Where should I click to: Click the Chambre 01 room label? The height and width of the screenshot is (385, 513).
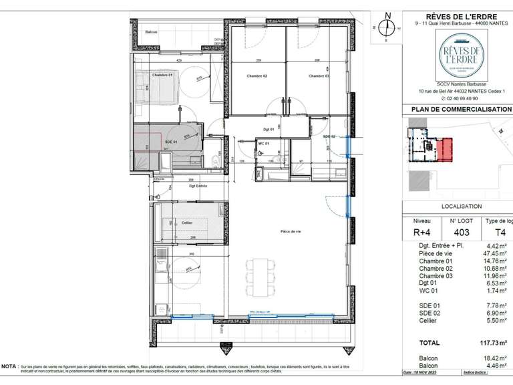[162, 76]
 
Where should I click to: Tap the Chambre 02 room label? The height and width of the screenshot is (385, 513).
[255, 76]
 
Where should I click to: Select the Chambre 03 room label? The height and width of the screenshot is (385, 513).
[319, 76]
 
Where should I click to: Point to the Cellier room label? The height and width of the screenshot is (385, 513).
[187, 223]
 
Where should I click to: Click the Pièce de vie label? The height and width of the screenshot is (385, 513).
[291, 231]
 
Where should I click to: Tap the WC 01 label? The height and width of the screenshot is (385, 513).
[263, 143]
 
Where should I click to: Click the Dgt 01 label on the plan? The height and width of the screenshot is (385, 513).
[269, 129]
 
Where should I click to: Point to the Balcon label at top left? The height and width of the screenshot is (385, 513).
[152, 32]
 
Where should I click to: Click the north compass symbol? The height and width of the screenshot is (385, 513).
[386, 27]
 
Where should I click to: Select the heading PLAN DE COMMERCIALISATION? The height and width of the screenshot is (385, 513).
[460, 110]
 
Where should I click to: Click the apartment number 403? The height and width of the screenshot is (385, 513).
[463, 233]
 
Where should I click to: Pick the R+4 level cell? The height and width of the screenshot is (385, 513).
[422, 233]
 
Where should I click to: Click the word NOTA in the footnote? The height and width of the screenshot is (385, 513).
[10, 367]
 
